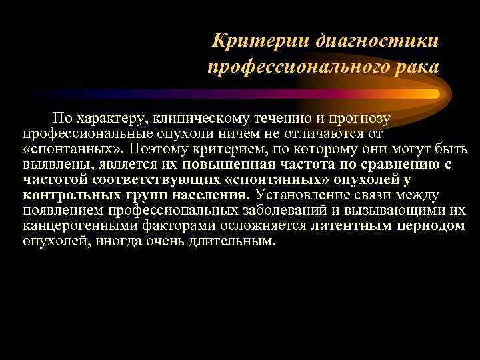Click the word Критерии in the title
click(x=247, y=41)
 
